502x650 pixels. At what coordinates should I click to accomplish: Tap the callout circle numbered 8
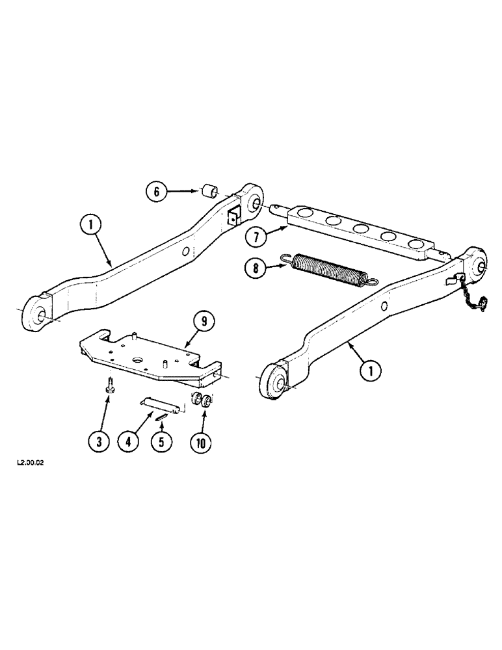tap(258, 268)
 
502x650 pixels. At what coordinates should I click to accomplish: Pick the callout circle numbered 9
tap(203, 321)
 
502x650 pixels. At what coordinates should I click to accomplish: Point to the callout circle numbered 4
tap(129, 442)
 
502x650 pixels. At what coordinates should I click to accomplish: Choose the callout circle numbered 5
tap(160, 442)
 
